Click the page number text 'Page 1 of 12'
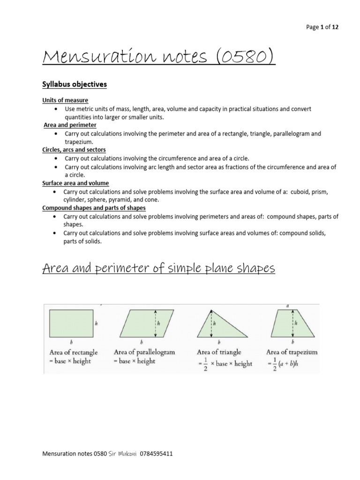(x=322, y=27)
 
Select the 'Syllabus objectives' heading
(x=75, y=84)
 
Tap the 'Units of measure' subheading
(x=65, y=100)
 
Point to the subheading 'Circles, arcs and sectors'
(x=74, y=150)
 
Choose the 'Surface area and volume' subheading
(x=75, y=183)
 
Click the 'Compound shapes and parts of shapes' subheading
(x=94, y=208)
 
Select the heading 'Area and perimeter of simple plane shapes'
(x=158, y=269)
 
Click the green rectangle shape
(x=70, y=323)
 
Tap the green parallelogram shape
(x=141, y=323)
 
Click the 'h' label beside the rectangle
(x=97, y=323)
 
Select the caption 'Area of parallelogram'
(x=144, y=352)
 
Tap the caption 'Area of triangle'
(x=219, y=352)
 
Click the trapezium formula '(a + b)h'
(x=297, y=364)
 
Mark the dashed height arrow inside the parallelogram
(x=155, y=323)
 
